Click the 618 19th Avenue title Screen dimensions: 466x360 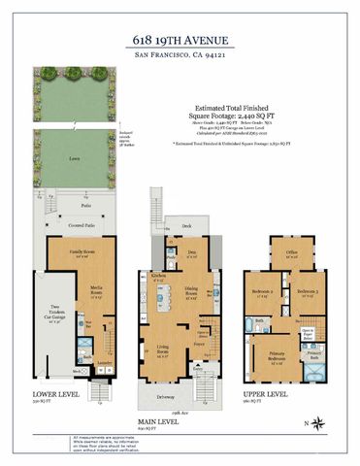coord(180,40)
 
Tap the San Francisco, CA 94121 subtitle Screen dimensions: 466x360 coord(180,55)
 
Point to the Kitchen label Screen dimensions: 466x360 coord(158,276)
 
